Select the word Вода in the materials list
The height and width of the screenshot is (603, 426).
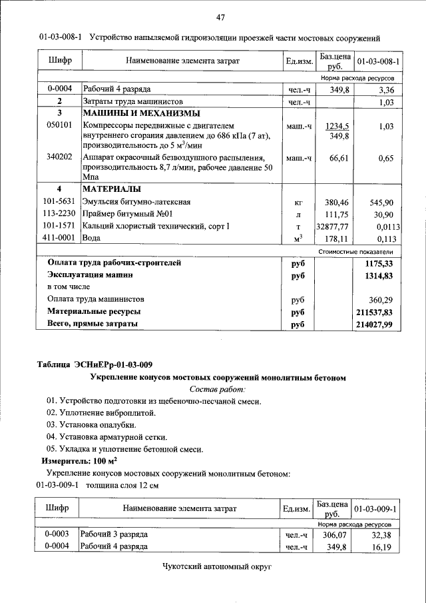click(x=92, y=238)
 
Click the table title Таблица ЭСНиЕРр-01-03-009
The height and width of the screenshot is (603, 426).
click(x=95, y=364)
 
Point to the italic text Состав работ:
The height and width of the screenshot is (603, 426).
click(x=218, y=388)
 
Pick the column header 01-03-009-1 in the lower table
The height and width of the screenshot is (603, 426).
click(x=375, y=509)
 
